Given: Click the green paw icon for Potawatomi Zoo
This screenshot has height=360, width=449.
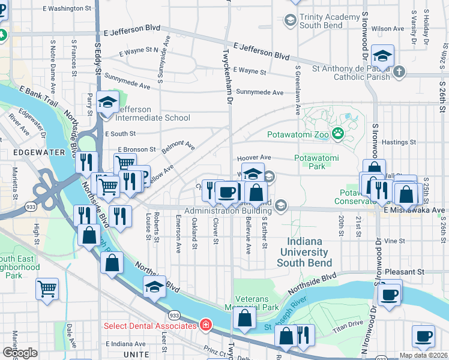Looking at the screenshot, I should [337, 135].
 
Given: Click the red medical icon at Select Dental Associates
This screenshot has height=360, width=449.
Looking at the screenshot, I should [206, 325].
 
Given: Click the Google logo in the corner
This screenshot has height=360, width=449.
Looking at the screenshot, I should [20, 353].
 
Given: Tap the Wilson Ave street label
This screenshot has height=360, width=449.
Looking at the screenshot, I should [387, 29].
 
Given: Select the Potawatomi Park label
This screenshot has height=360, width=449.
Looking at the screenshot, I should [316, 163].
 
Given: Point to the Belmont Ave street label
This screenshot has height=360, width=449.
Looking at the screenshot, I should [178, 146].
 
